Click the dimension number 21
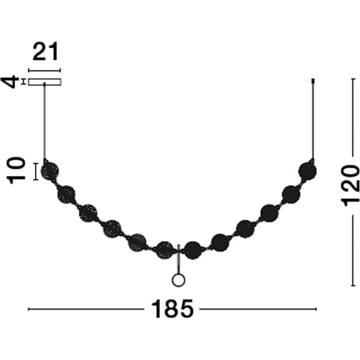pyautogui.click(x=46, y=51)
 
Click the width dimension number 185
pyautogui.click(x=172, y=309)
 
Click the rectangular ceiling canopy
pyautogui.click(x=45, y=82)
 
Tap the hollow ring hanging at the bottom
pyautogui.click(x=178, y=280)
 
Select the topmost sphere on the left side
pyautogui.click(x=50, y=171)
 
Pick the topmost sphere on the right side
pyautogui.click(x=308, y=171)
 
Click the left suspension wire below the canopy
pyautogui.click(x=44, y=122)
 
